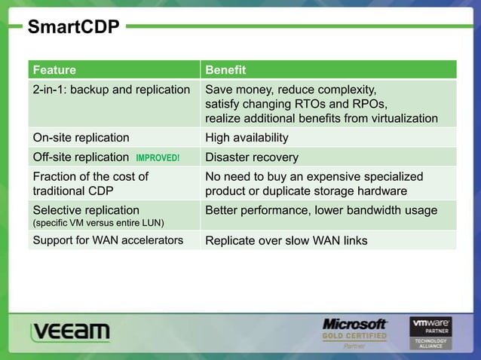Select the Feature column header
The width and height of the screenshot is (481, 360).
[x=54, y=70]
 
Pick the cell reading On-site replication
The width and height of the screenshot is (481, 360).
[x=81, y=138]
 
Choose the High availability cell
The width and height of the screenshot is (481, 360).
[x=247, y=138]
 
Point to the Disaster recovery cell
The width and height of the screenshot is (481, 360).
[x=252, y=158]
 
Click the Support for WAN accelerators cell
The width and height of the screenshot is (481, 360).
[x=108, y=241]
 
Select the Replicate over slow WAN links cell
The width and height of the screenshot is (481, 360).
[x=286, y=241]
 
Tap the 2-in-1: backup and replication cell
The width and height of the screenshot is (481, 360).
[x=111, y=90]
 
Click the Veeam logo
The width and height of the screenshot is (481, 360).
[x=70, y=332]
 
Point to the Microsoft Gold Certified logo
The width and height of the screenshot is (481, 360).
[x=354, y=332]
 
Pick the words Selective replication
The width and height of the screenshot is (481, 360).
[x=86, y=210]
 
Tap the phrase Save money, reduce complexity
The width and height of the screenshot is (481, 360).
[x=290, y=90]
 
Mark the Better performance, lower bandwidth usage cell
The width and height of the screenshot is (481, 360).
[x=321, y=210]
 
